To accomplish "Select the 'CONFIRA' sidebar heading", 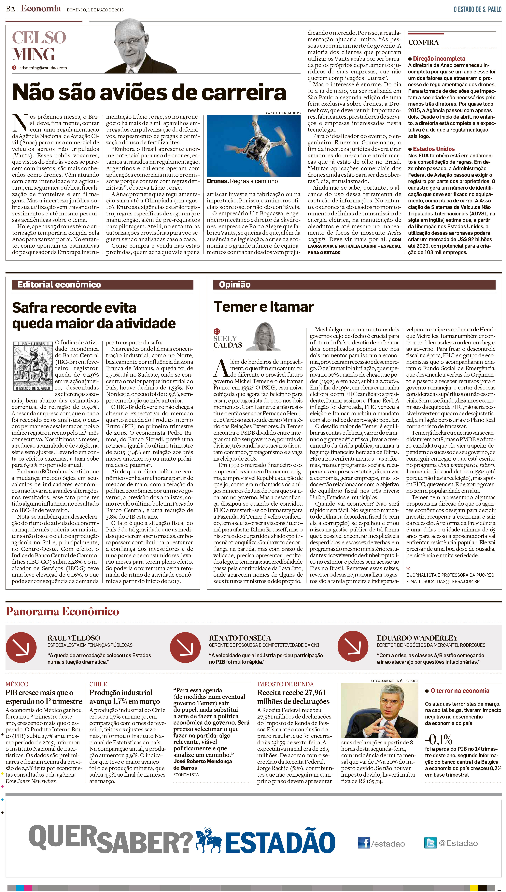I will click(423, 42).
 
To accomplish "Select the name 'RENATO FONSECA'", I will click(240, 638).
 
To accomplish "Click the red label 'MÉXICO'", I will click(17, 684).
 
